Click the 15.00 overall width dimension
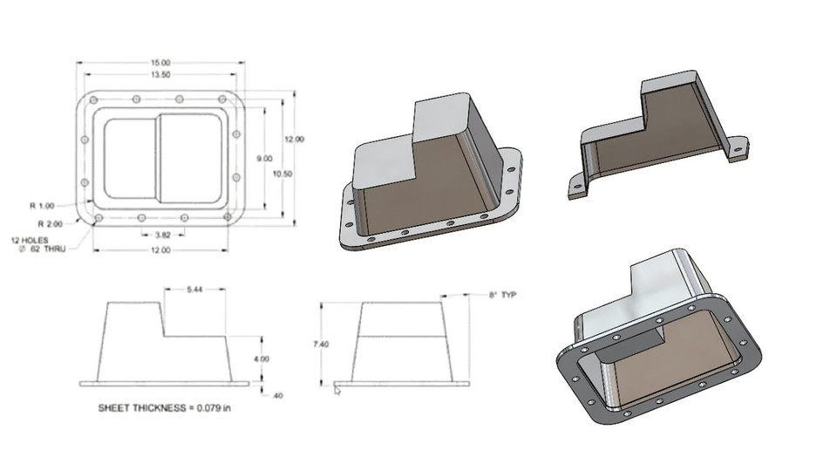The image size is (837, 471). click(x=160, y=63)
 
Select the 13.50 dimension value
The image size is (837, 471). click(x=160, y=75)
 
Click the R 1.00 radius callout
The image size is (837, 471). click(x=42, y=206)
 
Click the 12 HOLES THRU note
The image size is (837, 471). click(x=40, y=244)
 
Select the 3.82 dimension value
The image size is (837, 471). click(x=161, y=235)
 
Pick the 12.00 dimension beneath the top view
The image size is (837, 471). click(x=160, y=250)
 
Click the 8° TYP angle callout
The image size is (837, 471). click(x=504, y=296)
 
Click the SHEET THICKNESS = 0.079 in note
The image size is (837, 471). click(x=167, y=407)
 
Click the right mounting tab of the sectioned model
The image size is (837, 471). click(x=737, y=150)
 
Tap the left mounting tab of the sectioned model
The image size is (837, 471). click(x=577, y=187)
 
